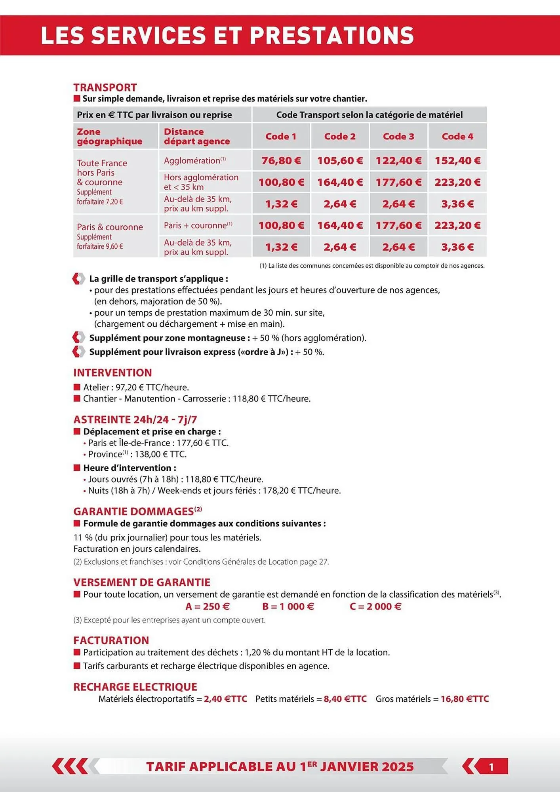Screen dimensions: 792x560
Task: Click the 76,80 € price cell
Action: click(x=281, y=160)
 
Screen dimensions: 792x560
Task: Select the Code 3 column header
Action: click(x=398, y=136)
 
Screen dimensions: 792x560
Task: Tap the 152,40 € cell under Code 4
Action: click(x=457, y=160)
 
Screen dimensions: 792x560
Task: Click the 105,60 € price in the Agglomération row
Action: click(x=340, y=160)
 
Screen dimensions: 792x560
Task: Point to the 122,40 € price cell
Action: click(x=398, y=160)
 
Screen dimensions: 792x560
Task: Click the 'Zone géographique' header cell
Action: click(x=110, y=136)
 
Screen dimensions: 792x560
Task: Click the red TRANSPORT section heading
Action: click(x=105, y=87)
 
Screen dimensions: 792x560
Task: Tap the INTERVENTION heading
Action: click(x=112, y=373)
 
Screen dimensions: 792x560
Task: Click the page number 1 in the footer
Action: click(x=491, y=767)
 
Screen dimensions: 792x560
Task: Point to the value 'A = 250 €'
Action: click(x=208, y=606)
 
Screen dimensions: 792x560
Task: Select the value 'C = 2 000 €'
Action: click(x=375, y=606)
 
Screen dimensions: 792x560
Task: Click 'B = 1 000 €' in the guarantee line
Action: click(x=288, y=606)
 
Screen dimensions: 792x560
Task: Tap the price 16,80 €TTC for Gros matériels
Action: click(x=465, y=699)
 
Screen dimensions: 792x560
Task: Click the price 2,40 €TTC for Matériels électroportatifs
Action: click(x=225, y=699)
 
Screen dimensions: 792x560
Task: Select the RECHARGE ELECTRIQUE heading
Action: click(x=135, y=687)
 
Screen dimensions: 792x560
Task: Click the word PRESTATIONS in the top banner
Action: click(x=332, y=35)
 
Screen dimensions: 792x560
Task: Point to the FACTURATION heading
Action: click(x=111, y=640)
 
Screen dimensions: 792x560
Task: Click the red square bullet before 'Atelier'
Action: click(x=77, y=387)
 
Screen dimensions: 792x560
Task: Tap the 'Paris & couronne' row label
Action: click(x=110, y=227)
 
